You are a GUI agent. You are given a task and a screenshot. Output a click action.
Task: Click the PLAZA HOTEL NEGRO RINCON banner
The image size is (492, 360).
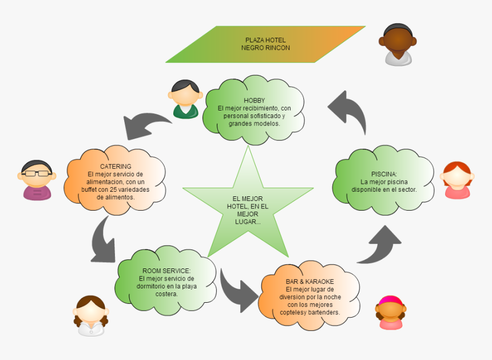pos(265,44)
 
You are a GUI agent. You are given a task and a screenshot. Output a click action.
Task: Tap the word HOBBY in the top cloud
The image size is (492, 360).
pos(254,101)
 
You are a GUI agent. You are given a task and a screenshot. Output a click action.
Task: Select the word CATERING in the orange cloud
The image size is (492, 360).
pos(116,167)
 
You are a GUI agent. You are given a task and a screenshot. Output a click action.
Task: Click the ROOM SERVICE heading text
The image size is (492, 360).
pos(166,271)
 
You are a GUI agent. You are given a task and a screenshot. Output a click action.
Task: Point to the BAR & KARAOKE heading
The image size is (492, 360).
pos(310,282)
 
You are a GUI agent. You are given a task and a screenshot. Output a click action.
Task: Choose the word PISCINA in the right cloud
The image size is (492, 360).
pos(383,174)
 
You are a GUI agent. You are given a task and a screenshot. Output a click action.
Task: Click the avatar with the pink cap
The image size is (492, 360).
pos(391,312)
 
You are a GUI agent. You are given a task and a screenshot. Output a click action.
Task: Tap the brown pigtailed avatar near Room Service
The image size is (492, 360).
pos(90,315)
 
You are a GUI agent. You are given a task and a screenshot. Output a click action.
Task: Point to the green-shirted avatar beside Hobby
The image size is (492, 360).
pos(185,99)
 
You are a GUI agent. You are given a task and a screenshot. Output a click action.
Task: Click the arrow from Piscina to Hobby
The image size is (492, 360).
pos(348,112)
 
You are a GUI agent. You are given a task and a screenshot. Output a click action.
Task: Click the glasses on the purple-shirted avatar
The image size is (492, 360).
pos(37,172)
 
